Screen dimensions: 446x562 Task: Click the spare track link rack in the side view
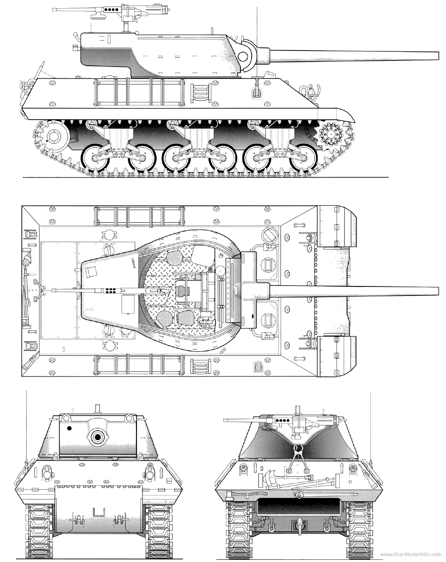(201, 93)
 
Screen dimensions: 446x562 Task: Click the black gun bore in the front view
(98, 436)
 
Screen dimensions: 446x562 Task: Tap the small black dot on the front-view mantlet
(69, 428)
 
